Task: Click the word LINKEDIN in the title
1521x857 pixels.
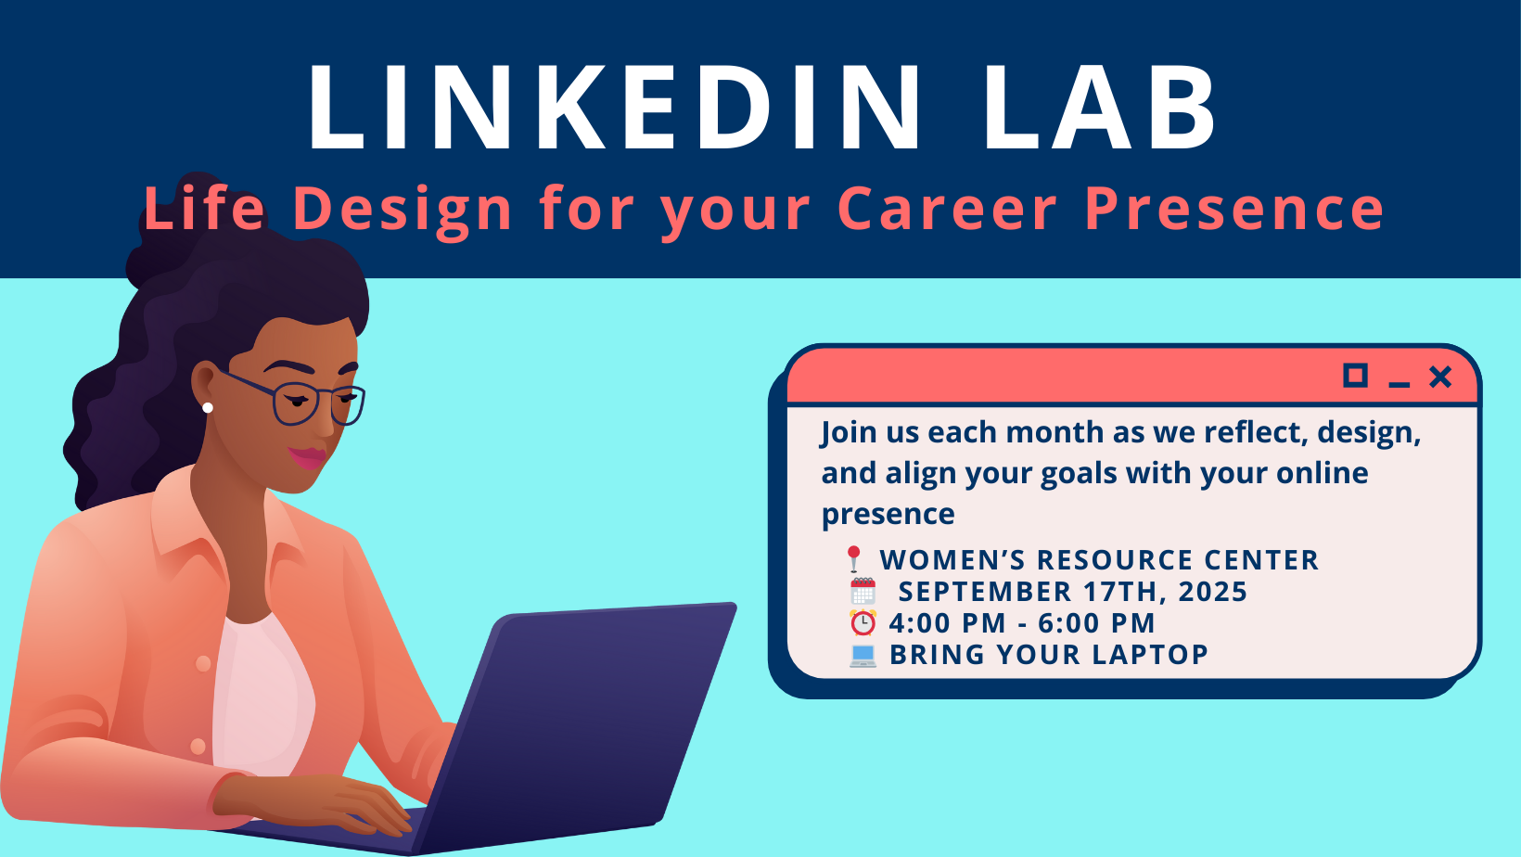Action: [615, 107]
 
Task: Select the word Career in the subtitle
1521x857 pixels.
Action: [947, 208]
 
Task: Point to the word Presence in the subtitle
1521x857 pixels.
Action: [1233, 208]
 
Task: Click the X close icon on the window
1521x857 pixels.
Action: [1439, 377]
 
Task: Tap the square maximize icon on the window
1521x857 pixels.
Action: [1355, 376]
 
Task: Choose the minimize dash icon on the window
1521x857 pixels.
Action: [1399, 385]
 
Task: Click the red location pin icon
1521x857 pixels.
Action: [854, 559]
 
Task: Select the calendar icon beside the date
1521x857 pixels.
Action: [863, 591]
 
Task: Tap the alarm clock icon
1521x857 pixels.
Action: [863, 622]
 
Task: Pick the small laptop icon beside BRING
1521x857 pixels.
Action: [863, 656]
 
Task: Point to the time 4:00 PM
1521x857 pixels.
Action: [947, 622]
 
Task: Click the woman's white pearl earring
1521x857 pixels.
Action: [208, 407]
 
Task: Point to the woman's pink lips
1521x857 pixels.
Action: [307, 457]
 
